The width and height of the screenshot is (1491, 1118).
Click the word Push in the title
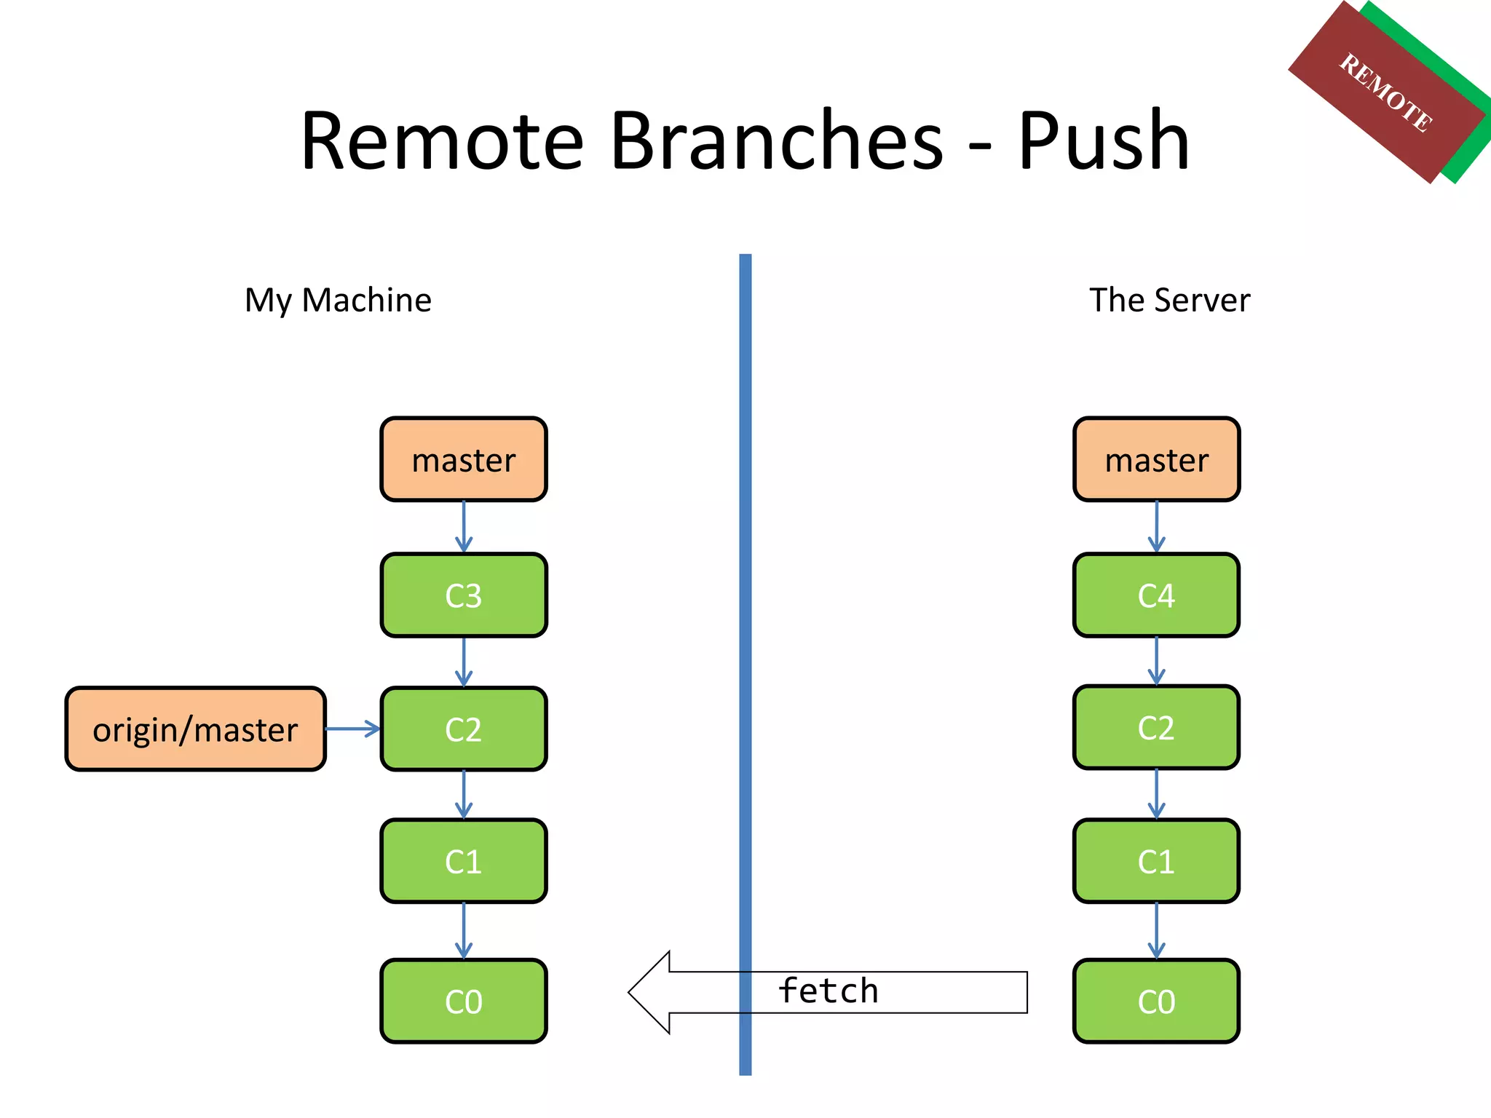pyautogui.click(x=1103, y=140)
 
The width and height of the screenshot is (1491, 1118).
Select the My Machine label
pyautogui.click(x=338, y=300)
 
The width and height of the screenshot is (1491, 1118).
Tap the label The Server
pyautogui.click(x=1169, y=300)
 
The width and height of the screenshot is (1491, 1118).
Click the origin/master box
pyautogui.click(x=195, y=729)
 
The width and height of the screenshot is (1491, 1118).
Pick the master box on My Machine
pyautogui.click(x=464, y=460)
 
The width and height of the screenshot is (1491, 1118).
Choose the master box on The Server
pyautogui.click(x=1156, y=460)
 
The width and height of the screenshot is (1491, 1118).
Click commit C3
pyautogui.click(x=464, y=595)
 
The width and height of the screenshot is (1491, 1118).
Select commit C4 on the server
pyautogui.click(x=1156, y=595)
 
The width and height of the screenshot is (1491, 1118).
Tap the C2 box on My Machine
pyautogui.click(x=464, y=729)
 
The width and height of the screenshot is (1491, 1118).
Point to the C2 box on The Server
pyautogui.click(x=1156, y=728)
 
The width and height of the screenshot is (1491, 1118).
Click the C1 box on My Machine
pyautogui.click(x=464, y=862)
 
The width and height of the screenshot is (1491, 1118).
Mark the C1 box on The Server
pyautogui.click(x=1156, y=862)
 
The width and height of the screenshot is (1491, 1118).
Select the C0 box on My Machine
pyautogui.click(x=464, y=1002)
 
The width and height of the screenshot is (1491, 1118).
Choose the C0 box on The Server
pyautogui.click(x=1156, y=1002)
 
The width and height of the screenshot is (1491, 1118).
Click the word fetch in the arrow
pyautogui.click(x=828, y=991)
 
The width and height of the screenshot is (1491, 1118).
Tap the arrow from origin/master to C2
pyautogui.click(x=353, y=729)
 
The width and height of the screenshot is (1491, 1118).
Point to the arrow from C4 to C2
pyautogui.click(x=1156, y=661)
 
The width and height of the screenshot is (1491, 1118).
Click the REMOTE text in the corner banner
pyautogui.click(x=1386, y=93)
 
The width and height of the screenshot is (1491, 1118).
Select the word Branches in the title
pyautogui.click(x=777, y=140)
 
